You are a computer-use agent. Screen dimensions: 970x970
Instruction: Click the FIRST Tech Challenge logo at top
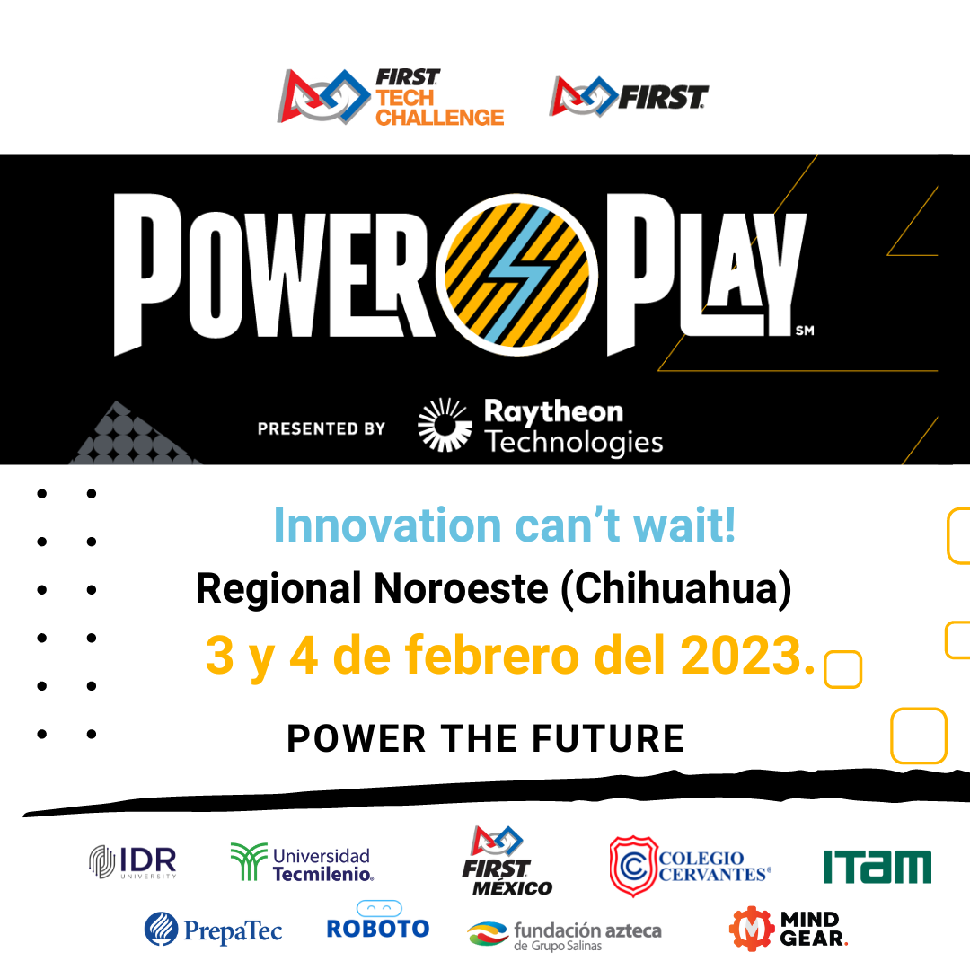(391, 97)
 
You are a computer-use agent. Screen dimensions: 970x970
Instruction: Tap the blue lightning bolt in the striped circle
(518, 275)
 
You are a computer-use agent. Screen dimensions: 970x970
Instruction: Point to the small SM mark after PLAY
(805, 331)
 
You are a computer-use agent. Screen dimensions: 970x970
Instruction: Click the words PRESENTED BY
(322, 428)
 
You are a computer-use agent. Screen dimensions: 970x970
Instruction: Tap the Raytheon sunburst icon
(445, 424)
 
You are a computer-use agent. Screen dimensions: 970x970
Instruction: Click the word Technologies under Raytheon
(574, 443)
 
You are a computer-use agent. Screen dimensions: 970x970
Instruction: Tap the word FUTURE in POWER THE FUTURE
(608, 738)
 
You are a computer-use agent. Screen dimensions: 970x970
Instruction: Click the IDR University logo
(133, 861)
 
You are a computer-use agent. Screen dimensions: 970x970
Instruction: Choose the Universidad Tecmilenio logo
(302, 861)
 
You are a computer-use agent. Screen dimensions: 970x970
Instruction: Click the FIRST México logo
(507, 860)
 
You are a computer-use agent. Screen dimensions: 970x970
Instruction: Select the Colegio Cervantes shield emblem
(633, 866)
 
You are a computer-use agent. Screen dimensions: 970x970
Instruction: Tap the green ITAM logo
(877, 867)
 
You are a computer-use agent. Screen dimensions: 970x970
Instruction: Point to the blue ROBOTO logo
(378, 921)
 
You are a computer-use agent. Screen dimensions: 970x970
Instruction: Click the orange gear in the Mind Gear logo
(752, 929)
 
